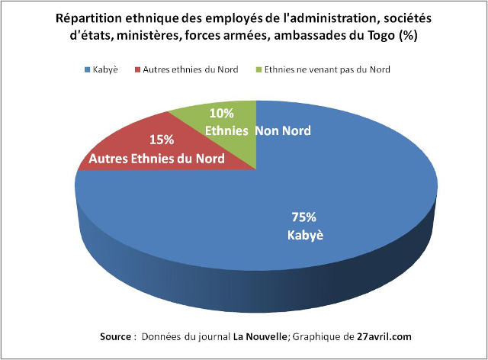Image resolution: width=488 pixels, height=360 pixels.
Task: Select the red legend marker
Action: click(138, 70)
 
